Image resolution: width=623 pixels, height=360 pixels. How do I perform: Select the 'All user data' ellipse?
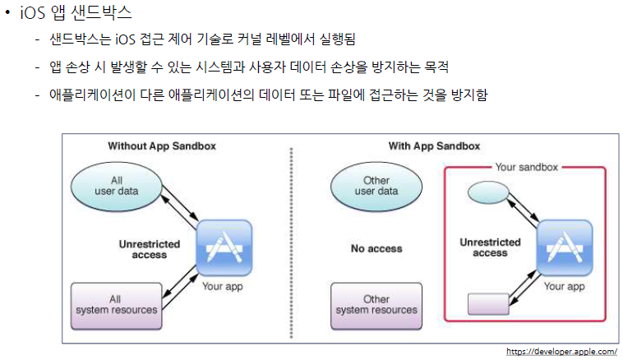pos(115,186)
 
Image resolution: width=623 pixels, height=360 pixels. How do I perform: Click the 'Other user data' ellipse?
pos(376,186)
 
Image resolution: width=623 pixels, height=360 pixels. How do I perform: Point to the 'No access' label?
pos(376,248)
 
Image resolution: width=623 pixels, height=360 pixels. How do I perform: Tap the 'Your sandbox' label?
pos(527,167)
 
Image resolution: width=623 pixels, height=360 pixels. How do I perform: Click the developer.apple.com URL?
pos(561,351)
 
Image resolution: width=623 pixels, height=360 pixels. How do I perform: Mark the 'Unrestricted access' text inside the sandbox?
pos(490,247)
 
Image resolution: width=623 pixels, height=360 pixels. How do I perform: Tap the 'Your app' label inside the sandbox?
pos(565,287)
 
